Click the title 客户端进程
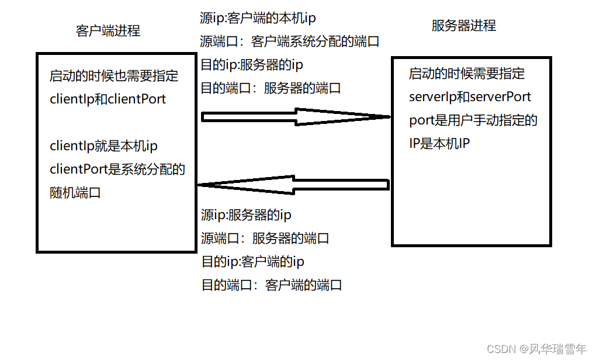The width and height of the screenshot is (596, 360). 108,30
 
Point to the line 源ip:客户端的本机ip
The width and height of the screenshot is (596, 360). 258,18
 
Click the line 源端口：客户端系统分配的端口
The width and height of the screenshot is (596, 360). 290,41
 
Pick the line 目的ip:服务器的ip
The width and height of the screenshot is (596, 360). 252,64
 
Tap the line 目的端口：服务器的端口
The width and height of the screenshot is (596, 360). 271,88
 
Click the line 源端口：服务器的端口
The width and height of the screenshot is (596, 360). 265,238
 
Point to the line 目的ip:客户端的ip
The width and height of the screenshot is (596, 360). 252,261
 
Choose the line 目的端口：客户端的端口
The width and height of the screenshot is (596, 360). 271,285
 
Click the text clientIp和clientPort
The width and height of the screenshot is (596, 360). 108,99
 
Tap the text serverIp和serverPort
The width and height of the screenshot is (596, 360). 470,97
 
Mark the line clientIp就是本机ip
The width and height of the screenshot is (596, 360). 104,146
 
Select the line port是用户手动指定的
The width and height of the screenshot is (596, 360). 473,120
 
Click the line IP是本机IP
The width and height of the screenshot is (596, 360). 439,143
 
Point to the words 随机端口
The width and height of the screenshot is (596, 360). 75,192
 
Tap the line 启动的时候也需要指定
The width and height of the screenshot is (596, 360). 114,75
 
